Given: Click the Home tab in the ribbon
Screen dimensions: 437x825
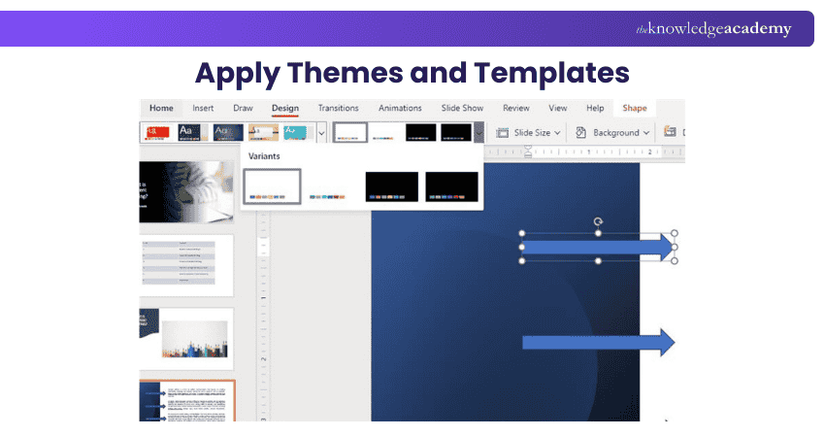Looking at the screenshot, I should pyautogui.click(x=161, y=108).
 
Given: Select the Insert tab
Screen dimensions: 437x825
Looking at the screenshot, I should pyautogui.click(x=203, y=108).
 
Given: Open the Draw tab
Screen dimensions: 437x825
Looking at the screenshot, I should pyautogui.click(x=243, y=108).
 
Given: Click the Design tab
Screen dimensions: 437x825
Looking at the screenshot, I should pyautogui.click(x=285, y=108).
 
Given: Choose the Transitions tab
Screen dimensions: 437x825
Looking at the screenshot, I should pyautogui.click(x=338, y=108).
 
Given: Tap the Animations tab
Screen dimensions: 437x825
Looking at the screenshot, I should pyautogui.click(x=400, y=108).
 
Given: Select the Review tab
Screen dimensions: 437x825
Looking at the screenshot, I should pyautogui.click(x=516, y=108).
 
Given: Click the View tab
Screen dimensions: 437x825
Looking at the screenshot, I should pyautogui.click(x=558, y=108).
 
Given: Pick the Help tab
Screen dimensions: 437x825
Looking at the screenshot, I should pyautogui.click(x=595, y=108).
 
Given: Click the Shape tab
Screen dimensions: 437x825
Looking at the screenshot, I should pyautogui.click(x=635, y=108).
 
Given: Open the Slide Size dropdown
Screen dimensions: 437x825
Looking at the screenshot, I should pyautogui.click(x=529, y=132).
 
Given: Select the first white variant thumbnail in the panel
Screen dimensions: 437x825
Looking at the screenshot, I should pyautogui.click(x=272, y=186).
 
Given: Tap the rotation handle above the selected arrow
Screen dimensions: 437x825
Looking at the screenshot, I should pyautogui.click(x=598, y=222).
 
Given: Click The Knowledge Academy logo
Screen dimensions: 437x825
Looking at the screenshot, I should pyautogui.click(x=713, y=29).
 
